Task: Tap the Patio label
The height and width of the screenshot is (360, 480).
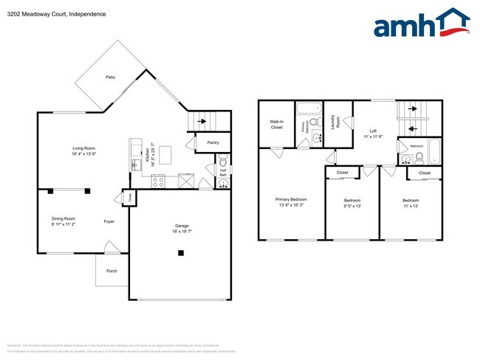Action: [110, 77]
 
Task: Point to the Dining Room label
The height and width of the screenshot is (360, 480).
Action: [64, 219]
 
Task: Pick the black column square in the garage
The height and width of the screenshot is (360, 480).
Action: [181, 254]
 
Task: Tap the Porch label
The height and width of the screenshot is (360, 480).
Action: [112, 271]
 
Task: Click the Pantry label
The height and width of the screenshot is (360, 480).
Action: [213, 142]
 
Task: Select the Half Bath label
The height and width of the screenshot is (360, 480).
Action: [222, 170]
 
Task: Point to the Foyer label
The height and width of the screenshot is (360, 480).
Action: [109, 220]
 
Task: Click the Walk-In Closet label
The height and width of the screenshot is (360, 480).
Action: [276, 125]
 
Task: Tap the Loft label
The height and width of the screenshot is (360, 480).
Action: [373, 133]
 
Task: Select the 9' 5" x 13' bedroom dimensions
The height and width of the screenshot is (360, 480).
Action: [352, 207]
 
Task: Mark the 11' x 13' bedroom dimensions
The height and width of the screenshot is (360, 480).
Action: [410, 207]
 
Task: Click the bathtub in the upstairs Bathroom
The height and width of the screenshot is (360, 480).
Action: [433, 153]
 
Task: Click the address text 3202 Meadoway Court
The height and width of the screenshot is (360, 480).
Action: [47, 14]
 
